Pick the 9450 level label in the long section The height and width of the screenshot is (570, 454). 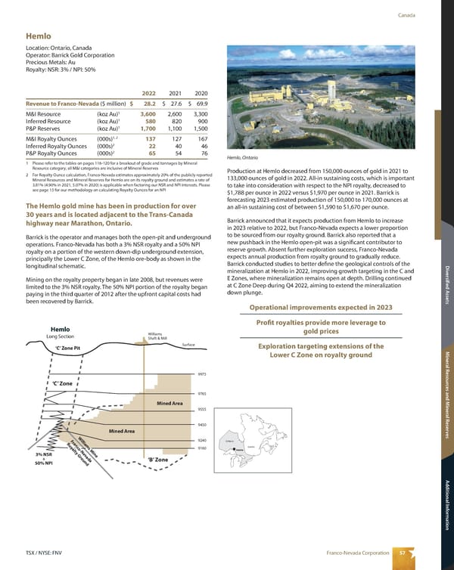pyautogui.click(x=201, y=426)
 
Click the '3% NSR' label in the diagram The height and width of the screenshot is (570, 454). pyautogui.click(x=42, y=454)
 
